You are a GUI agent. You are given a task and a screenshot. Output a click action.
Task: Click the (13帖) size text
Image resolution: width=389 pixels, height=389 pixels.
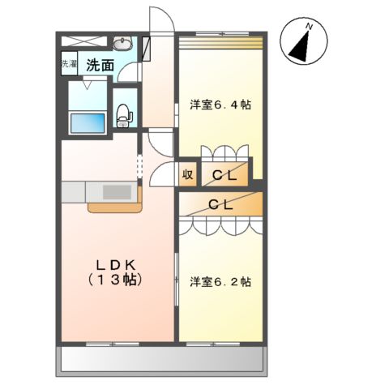(115, 280)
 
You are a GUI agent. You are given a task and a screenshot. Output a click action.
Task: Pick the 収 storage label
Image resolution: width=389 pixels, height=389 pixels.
(186, 173)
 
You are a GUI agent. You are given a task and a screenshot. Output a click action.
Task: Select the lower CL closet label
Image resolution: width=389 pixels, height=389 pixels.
(221, 205)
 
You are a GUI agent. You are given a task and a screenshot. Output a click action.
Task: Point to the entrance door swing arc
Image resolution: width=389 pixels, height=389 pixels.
(160, 22)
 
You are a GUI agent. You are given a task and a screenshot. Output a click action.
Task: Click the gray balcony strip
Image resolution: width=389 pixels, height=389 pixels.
(163, 360)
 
